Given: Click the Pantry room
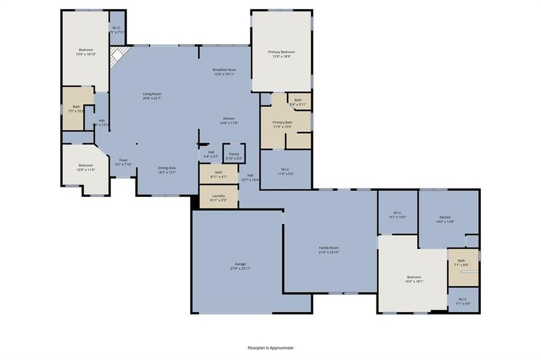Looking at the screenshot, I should [x=234, y=153].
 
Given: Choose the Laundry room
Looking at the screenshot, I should [x=218, y=197].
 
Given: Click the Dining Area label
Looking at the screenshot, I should [x=166, y=170].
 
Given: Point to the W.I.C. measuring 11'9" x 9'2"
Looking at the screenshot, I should [x=286, y=171].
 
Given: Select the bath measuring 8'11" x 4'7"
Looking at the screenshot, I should [x=218, y=174].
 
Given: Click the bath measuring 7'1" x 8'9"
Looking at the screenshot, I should [x=461, y=262].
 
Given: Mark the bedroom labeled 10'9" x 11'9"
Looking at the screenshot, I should [x=86, y=167].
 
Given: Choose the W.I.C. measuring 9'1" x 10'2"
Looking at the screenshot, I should [x=397, y=214].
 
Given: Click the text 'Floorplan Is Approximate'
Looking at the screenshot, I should [x=271, y=347].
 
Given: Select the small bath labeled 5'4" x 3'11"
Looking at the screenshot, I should [x=298, y=102].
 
